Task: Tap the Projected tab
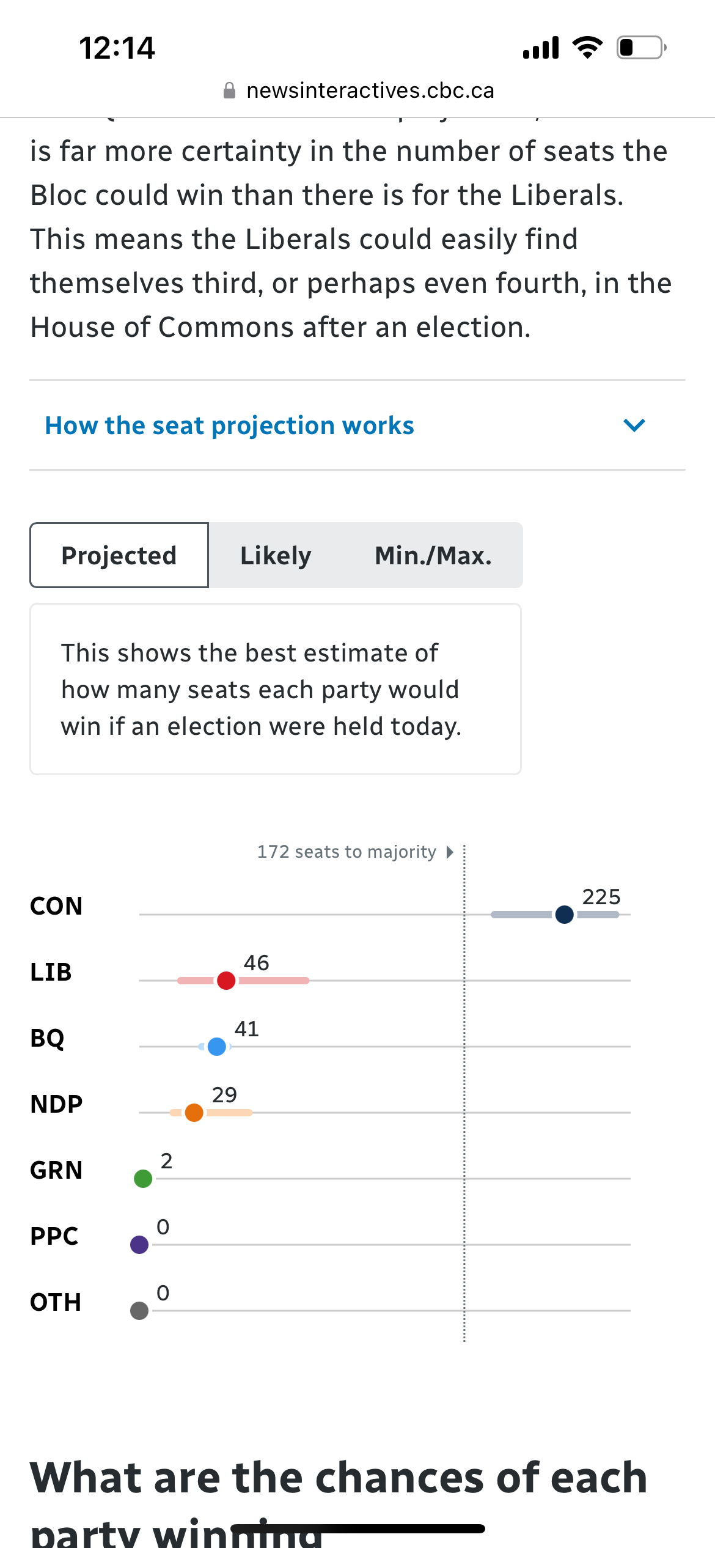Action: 119,555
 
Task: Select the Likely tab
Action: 276,555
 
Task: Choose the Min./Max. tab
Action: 433,555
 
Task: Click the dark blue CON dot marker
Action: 565,915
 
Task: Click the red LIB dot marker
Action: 226,981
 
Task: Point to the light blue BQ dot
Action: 216,1047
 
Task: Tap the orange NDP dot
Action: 194,1113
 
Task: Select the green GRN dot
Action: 143,1179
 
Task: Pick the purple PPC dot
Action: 139,1245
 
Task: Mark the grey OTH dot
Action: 139,1311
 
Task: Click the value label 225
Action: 601,897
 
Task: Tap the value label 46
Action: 256,963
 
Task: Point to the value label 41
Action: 246,1029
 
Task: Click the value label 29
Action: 224,1095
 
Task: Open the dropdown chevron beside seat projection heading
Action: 634,425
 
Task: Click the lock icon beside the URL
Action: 229,91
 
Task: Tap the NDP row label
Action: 56,1104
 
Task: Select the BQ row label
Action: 47,1038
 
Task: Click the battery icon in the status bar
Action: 640,48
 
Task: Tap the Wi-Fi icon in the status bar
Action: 587,48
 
